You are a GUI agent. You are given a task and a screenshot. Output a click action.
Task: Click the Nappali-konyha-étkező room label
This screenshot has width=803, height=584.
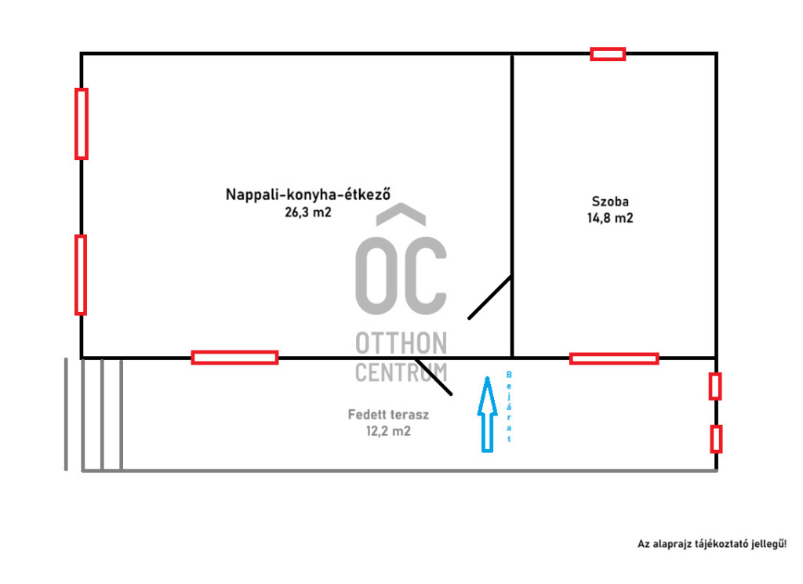pyautogui.click(x=307, y=194)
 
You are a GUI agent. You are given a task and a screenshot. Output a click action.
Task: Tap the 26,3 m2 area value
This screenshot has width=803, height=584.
pyautogui.click(x=308, y=212)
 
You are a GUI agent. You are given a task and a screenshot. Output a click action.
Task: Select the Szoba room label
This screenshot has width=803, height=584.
pyautogui.click(x=610, y=201)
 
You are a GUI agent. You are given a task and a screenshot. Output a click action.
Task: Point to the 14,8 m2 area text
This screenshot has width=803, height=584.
pyautogui.click(x=610, y=218)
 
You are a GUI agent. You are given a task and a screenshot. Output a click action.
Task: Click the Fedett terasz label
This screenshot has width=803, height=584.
pyautogui.click(x=388, y=415)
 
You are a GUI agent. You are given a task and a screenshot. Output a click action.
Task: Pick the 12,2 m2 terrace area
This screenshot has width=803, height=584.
pyautogui.click(x=388, y=431)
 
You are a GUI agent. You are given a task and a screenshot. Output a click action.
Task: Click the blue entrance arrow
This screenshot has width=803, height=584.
pyautogui.click(x=488, y=415)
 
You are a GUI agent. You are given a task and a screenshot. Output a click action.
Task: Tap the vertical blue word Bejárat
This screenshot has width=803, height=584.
pyautogui.click(x=509, y=406)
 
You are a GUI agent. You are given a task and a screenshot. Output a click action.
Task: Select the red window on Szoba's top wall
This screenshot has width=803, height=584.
pyautogui.click(x=608, y=54)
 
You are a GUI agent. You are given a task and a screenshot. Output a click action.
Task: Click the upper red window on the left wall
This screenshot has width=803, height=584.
pyautogui.click(x=82, y=124)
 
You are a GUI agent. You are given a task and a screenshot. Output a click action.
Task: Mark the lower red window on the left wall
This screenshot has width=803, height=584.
pyautogui.click(x=81, y=275)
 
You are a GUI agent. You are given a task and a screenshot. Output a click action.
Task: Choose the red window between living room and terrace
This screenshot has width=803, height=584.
pyautogui.click(x=234, y=357)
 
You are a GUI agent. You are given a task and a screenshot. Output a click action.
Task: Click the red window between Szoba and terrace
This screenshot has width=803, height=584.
pyautogui.click(x=614, y=359)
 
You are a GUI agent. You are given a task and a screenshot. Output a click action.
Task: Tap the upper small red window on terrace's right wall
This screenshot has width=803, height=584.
pyautogui.click(x=715, y=386)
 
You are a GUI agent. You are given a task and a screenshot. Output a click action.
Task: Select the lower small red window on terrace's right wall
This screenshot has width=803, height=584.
pyautogui.click(x=716, y=439)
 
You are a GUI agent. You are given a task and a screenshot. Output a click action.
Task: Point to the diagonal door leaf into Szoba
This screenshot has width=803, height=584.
pyautogui.click(x=490, y=297)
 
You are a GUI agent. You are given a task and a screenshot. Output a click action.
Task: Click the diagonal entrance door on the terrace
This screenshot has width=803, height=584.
pyautogui.click(x=433, y=377)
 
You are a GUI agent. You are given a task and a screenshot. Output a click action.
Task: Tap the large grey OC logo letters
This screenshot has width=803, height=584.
pyautogui.click(x=401, y=275)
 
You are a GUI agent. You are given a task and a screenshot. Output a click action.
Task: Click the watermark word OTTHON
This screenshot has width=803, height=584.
pyautogui.click(x=401, y=343)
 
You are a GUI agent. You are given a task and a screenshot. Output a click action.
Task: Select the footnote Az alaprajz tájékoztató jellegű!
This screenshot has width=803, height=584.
pyautogui.click(x=712, y=544)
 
